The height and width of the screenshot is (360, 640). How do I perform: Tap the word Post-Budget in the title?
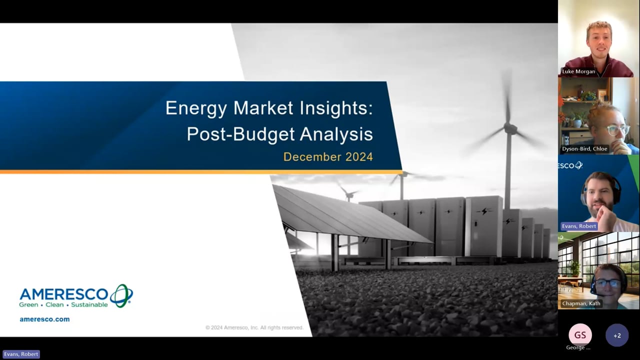tap(241, 134)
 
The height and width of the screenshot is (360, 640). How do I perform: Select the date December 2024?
tap(328, 157)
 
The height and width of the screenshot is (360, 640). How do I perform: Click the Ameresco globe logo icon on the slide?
tap(121, 295)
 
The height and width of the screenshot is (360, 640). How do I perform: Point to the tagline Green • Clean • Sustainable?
tap(63, 305)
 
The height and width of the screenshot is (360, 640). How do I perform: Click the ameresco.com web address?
tap(44, 319)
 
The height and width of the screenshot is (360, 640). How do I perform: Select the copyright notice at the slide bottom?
tap(254, 327)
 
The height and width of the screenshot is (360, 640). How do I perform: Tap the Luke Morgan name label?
tap(578, 71)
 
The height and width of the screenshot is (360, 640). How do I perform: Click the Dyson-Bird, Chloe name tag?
tap(584, 149)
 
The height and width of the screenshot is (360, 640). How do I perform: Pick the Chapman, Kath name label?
tap(581, 303)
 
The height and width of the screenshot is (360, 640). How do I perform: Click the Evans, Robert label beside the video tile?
tap(579, 226)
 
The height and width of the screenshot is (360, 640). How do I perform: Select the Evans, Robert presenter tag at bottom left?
tap(21, 354)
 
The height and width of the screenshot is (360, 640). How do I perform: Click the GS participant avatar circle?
tap(580, 335)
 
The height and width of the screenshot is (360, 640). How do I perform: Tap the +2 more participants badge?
tap(617, 335)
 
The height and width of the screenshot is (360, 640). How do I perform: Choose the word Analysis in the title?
tap(336, 134)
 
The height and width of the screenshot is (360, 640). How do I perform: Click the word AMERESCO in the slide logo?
tap(63, 294)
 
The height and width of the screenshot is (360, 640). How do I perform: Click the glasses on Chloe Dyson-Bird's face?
tap(617, 130)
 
